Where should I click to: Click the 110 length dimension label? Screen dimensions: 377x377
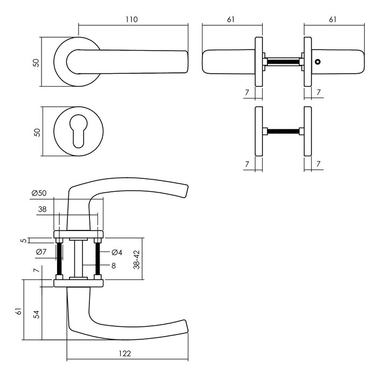pyautogui.click(x=132, y=19)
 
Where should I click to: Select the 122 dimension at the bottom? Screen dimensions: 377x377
pyautogui.click(x=125, y=354)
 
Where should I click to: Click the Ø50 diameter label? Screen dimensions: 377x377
pyautogui.click(x=39, y=193)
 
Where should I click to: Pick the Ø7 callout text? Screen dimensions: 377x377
pyautogui.click(x=40, y=252)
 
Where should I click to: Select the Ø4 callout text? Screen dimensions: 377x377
pyautogui.click(x=117, y=252)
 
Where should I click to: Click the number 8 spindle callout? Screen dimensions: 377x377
pyautogui.click(x=114, y=266)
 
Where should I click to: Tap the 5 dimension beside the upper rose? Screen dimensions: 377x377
pyautogui.click(x=23, y=241)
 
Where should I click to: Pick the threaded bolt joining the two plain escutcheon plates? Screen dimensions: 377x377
pyautogui.click(x=283, y=131)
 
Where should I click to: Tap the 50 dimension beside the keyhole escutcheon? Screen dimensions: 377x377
pyautogui.click(x=37, y=132)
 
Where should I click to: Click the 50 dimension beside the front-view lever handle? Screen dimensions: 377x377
pyautogui.click(x=37, y=62)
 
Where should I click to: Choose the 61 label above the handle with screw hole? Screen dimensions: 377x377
pyautogui.click(x=332, y=19)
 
